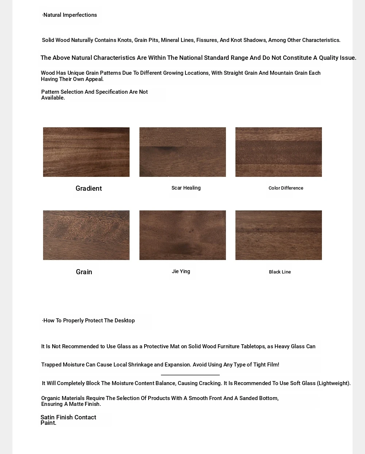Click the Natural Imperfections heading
coord(69,15)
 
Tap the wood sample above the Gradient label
coord(86,152)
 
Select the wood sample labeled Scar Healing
coord(182,152)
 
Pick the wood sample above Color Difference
coord(278,152)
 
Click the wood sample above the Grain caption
coord(86,235)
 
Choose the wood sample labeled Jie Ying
coord(182,235)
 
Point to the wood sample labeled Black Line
coord(278,235)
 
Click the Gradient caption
coord(89,189)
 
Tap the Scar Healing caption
coord(186,188)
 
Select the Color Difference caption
coord(286,188)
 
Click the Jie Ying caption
coord(181,271)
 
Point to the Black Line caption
coord(280,272)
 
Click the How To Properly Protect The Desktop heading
coord(88,321)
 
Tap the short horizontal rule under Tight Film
coord(190,375)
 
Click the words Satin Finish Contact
coord(68,417)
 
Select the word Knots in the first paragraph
coord(125,40)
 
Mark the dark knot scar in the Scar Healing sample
coord(168,148)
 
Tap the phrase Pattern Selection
coord(62,92)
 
